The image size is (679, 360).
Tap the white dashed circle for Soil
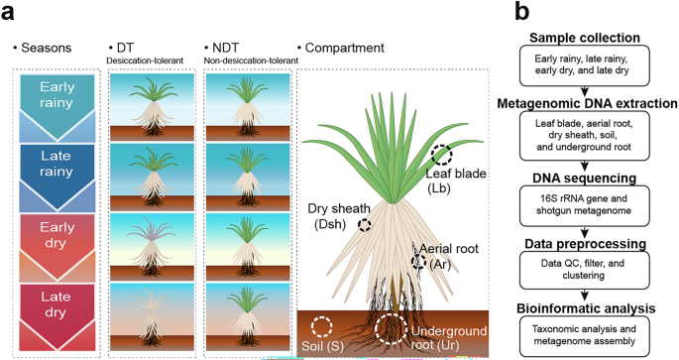tap(321, 326)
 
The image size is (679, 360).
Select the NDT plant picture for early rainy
tap(245, 104)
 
